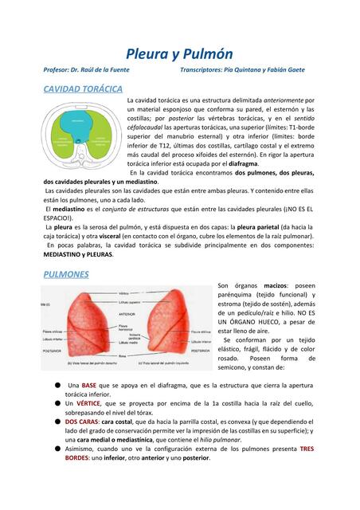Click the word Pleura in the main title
[148, 53]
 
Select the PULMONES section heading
[66, 273]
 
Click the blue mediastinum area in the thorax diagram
[79, 123]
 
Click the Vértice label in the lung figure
[124, 293]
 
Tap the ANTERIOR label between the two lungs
[126, 314]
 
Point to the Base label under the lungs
[123, 355]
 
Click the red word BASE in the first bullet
[88, 385]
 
